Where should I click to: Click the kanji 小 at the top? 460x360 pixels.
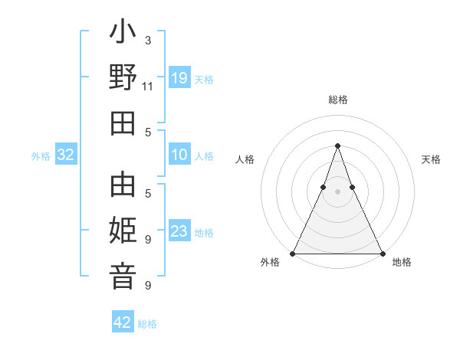[x=123, y=34]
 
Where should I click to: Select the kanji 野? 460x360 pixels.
[x=123, y=79]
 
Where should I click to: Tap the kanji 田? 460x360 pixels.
[x=123, y=123]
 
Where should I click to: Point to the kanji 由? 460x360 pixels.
[x=123, y=186]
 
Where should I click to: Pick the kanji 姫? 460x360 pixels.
[x=123, y=231]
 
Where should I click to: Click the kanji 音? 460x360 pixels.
[x=123, y=277]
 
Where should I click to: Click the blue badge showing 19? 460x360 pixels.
[x=179, y=78]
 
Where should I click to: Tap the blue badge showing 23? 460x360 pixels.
[x=179, y=232]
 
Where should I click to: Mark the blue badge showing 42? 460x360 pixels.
[x=123, y=322]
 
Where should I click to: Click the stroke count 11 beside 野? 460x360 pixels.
[x=148, y=86]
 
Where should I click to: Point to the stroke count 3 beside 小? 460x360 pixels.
[x=147, y=40]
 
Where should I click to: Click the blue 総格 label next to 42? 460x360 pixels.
[x=148, y=324]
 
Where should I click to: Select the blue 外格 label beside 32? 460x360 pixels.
[x=41, y=156]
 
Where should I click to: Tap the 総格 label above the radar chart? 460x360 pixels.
[x=337, y=100]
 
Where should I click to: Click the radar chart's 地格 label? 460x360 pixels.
[x=402, y=262]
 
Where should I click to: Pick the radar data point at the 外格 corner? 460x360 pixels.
[x=293, y=254]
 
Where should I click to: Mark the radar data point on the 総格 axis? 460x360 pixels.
[x=337, y=146]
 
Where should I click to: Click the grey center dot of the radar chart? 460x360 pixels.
[x=337, y=191]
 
